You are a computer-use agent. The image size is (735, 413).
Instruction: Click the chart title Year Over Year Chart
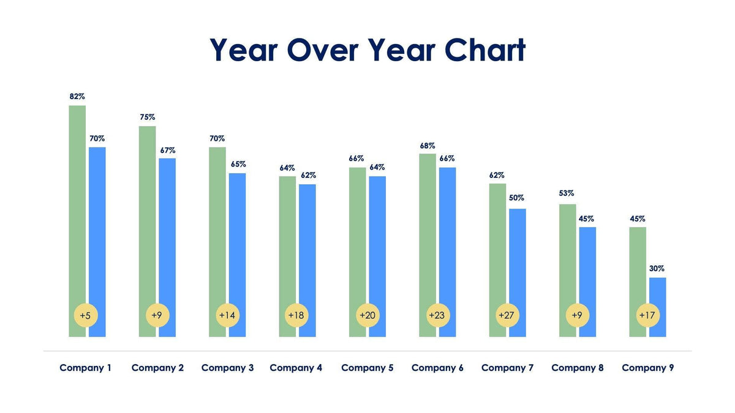pos(367,50)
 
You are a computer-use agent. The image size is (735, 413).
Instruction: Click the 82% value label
pos(77,97)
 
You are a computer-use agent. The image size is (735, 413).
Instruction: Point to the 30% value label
pos(657,269)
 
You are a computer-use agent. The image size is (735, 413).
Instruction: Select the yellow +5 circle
pos(86,315)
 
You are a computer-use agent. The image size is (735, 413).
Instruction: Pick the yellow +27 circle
pos(506,315)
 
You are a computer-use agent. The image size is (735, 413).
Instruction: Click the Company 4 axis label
pos(296,368)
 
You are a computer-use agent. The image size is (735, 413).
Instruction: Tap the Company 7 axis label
pos(507,368)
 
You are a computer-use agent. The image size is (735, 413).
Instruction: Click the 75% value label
pos(147,117)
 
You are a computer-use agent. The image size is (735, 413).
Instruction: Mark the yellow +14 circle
pos(227,315)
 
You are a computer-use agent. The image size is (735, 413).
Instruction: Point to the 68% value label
pos(428,146)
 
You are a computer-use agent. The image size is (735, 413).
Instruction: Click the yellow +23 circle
pos(437,315)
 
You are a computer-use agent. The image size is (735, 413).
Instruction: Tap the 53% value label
pos(567,194)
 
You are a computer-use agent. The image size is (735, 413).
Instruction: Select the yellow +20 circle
pos(367,315)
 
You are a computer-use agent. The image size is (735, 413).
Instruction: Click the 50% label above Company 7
pos(516,198)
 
